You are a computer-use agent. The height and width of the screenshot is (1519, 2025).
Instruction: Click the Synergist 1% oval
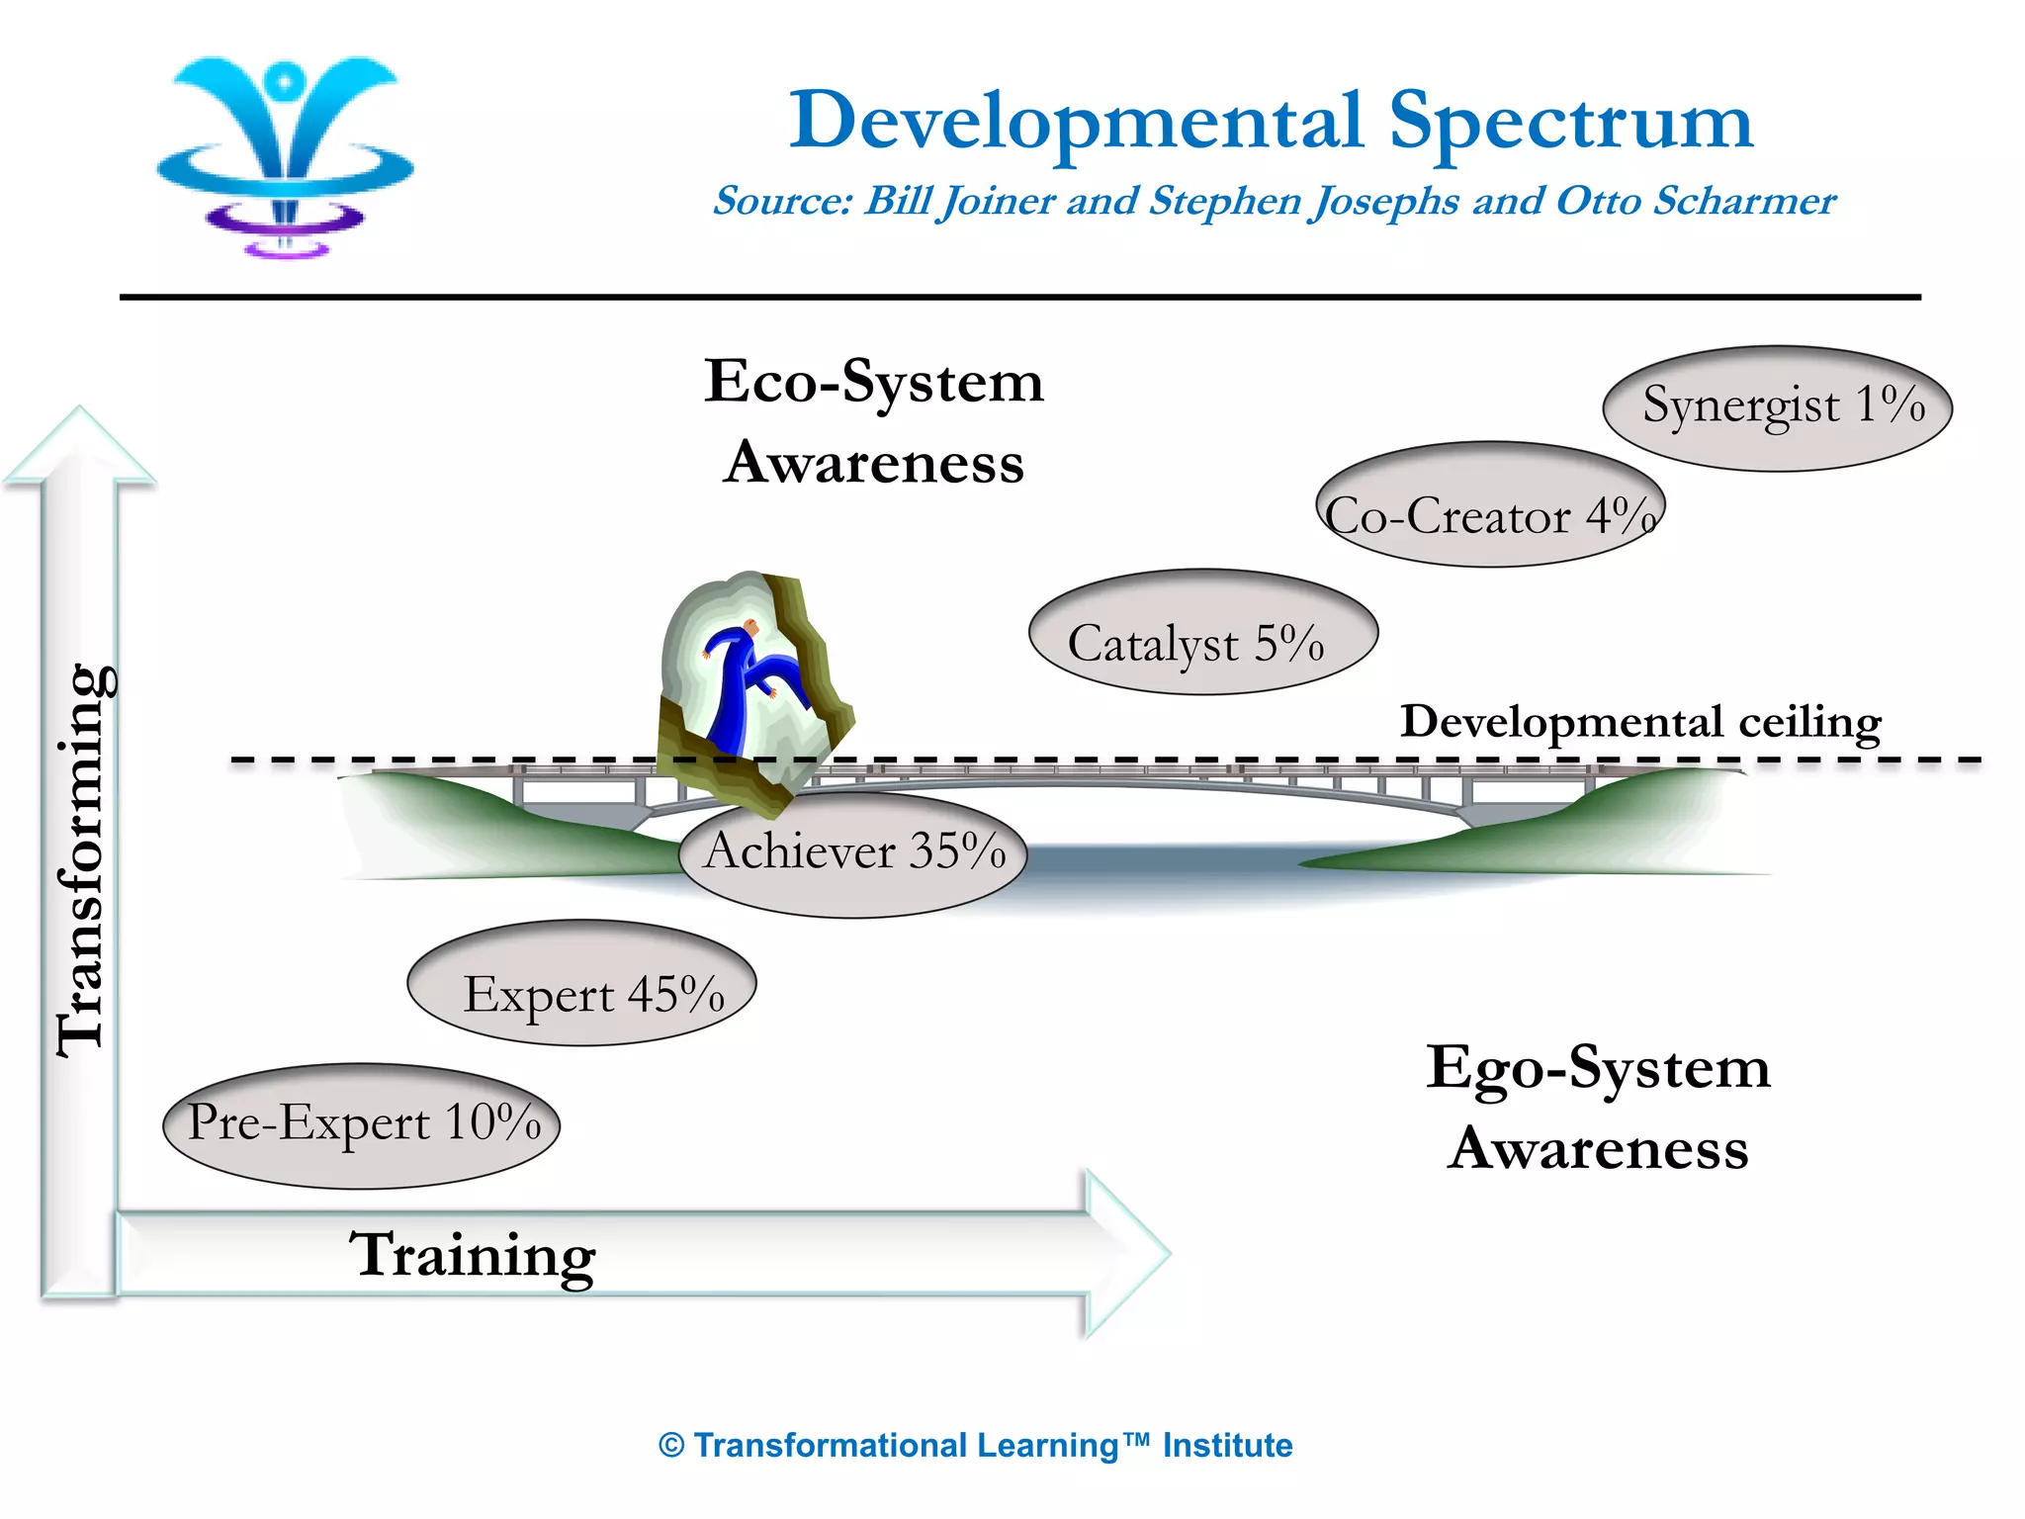[1777, 407]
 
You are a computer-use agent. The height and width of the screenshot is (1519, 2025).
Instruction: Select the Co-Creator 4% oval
[1490, 504]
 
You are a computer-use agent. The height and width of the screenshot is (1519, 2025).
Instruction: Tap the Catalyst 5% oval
[1202, 633]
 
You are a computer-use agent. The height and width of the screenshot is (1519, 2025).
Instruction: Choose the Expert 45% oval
[581, 983]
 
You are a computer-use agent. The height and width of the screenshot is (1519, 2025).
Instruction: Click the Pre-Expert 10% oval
[361, 1126]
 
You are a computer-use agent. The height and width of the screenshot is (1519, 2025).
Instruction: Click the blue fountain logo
[286, 153]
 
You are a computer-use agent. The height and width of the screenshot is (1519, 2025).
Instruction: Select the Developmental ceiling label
[1640, 722]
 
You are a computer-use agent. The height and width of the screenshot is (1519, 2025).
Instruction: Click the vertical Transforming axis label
[83, 860]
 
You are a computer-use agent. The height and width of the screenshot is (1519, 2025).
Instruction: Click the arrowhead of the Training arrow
[1127, 1253]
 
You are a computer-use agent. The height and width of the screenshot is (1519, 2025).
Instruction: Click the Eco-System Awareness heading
[873, 421]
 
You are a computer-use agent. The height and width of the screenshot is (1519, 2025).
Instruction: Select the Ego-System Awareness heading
[1598, 1108]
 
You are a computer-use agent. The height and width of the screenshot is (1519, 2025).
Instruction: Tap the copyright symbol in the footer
[671, 1446]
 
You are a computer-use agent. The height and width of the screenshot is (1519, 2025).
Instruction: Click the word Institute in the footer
[1227, 1446]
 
